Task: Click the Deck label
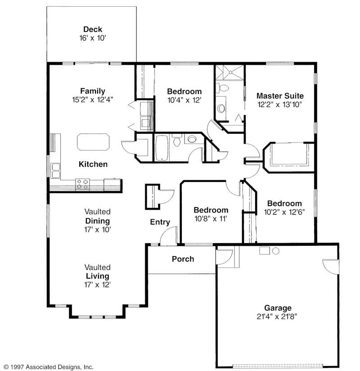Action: [x=92, y=30]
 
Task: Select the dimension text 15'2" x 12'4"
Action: [x=93, y=100]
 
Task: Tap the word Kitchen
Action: [x=93, y=164]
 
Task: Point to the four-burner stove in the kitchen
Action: [x=82, y=184]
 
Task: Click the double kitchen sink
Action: [x=56, y=171]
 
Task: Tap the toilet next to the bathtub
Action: [x=177, y=142]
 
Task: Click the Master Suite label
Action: [x=280, y=96]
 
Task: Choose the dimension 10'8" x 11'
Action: [x=211, y=219]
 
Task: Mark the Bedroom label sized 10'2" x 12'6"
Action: [x=284, y=204]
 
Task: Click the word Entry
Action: [x=160, y=222]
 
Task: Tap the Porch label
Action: [x=183, y=259]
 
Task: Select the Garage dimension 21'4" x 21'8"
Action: [x=278, y=317]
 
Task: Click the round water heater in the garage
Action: [x=276, y=251]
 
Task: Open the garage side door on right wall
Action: [x=331, y=267]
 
